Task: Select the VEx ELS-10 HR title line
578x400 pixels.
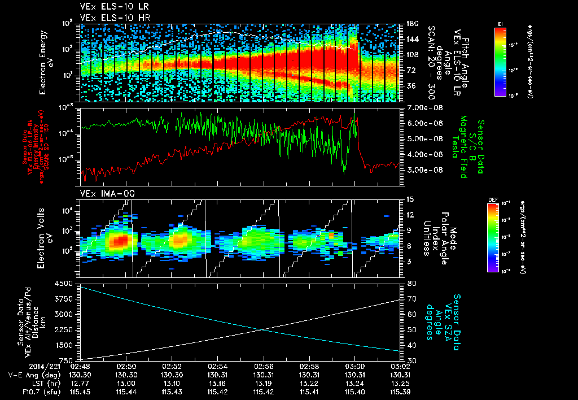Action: point(109,18)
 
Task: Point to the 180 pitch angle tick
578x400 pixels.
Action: point(411,23)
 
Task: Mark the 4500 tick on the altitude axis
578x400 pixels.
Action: point(65,283)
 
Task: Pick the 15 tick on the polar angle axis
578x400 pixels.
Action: point(410,199)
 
